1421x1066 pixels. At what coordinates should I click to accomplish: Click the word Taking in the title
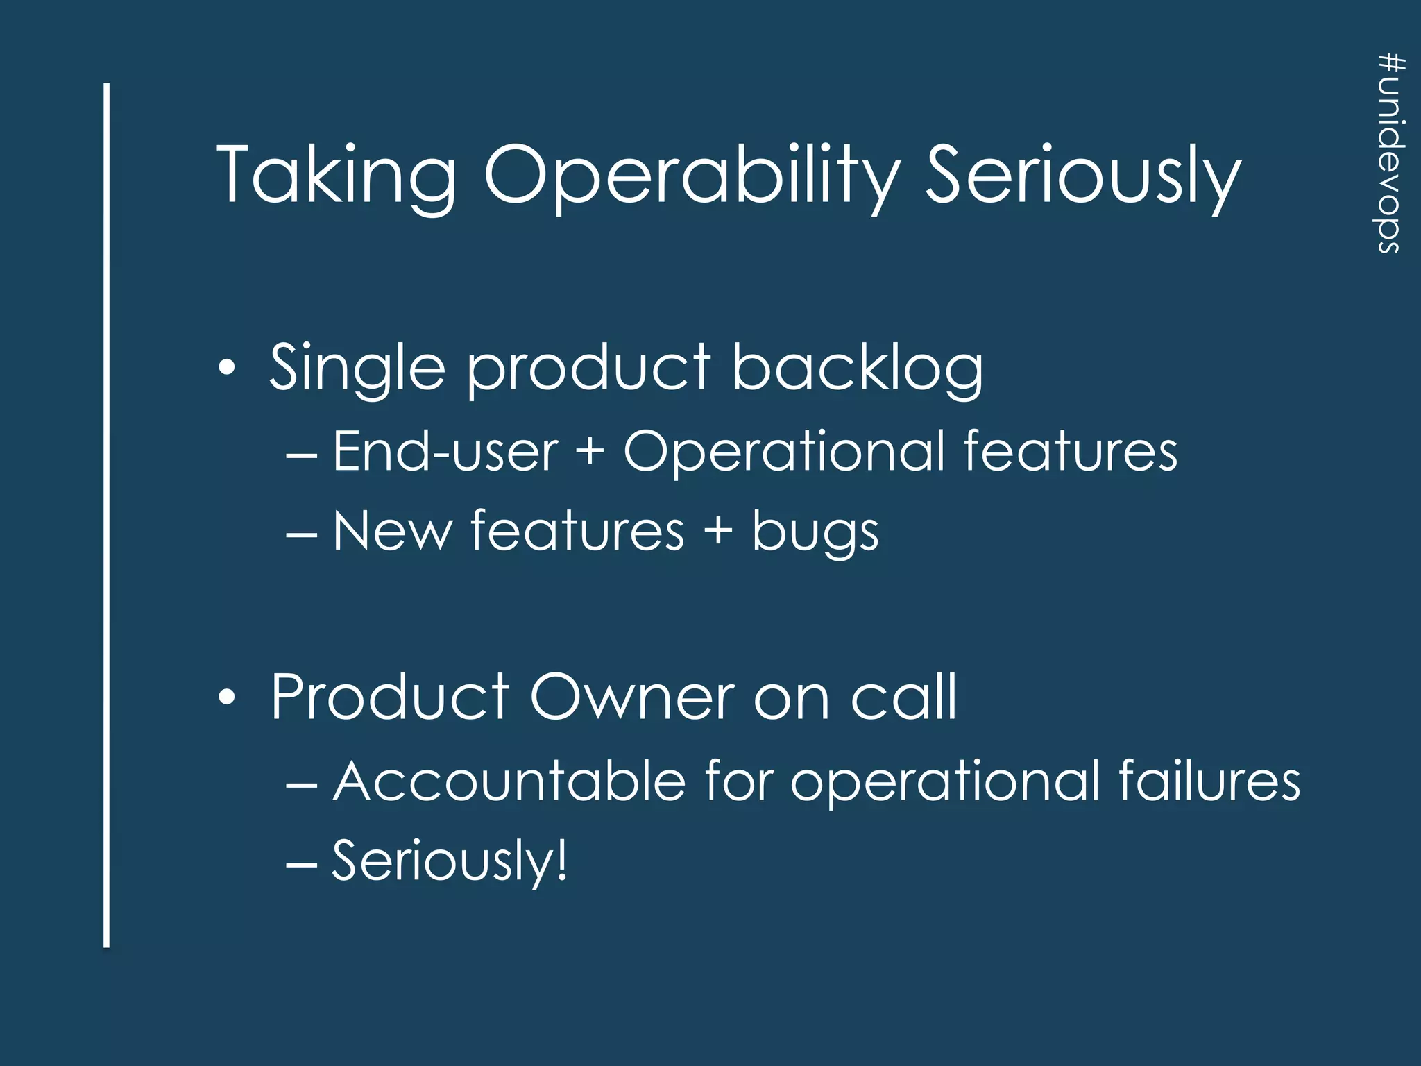pos(337,175)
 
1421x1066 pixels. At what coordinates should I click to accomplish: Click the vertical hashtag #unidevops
pos(1390,153)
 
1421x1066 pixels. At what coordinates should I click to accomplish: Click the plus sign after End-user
pos(590,452)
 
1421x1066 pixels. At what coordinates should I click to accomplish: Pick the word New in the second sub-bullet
pos(392,532)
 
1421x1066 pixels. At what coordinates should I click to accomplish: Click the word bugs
pos(815,533)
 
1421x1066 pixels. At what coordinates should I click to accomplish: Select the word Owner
pos(631,697)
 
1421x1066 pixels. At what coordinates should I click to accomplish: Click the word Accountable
pos(510,781)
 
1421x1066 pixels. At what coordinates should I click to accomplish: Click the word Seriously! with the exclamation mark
pos(450,861)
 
